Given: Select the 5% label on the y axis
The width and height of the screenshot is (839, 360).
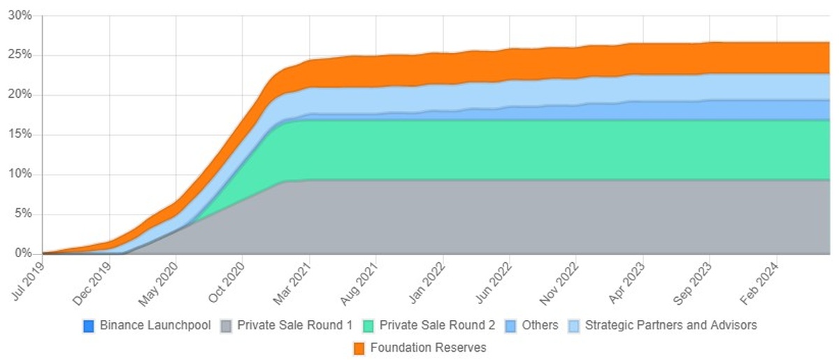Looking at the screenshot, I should click(x=23, y=214).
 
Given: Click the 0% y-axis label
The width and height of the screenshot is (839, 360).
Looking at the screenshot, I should click(x=23, y=254).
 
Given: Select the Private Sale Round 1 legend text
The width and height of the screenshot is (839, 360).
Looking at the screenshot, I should click(x=293, y=326).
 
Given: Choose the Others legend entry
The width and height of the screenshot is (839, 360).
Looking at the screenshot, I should click(x=540, y=326).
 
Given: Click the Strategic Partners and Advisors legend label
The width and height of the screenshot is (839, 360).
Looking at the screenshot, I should click(x=671, y=326).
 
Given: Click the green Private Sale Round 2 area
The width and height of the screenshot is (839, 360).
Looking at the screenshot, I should click(x=489, y=150).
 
